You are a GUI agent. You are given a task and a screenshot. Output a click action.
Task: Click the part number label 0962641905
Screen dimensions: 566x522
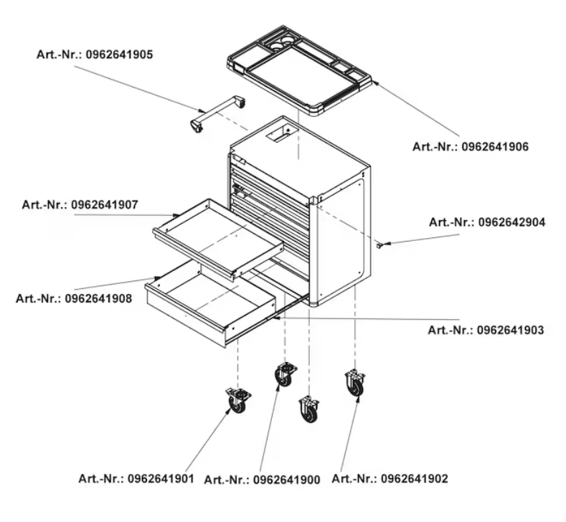click(95, 54)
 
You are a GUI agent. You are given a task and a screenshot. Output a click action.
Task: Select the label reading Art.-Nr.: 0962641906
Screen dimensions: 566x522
click(471, 147)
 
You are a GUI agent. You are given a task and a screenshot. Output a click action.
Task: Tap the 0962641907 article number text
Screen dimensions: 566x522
click(80, 205)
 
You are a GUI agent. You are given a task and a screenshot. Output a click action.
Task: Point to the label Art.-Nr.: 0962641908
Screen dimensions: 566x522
click(74, 299)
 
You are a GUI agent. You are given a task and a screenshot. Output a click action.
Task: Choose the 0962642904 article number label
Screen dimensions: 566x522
click(487, 222)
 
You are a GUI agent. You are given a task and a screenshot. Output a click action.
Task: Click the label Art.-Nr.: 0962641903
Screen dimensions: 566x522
click(486, 330)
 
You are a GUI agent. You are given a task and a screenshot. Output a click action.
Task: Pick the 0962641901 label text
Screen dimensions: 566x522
click(136, 479)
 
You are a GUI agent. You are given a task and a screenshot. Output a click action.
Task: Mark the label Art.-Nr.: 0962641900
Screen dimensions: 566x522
click(262, 480)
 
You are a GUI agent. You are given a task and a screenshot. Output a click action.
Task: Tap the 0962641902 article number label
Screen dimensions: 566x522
click(390, 479)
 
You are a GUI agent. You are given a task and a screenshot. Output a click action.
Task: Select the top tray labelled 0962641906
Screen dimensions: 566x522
click(300, 70)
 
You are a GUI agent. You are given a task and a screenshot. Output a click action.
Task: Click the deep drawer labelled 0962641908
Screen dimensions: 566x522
click(209, 303)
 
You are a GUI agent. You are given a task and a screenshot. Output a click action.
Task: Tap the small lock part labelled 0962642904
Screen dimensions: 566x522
click(379, 245)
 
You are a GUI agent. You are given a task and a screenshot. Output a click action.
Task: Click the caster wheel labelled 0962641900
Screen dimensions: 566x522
click(286, 375)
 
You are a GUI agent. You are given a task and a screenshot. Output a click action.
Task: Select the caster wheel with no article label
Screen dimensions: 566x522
click(309, 409)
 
